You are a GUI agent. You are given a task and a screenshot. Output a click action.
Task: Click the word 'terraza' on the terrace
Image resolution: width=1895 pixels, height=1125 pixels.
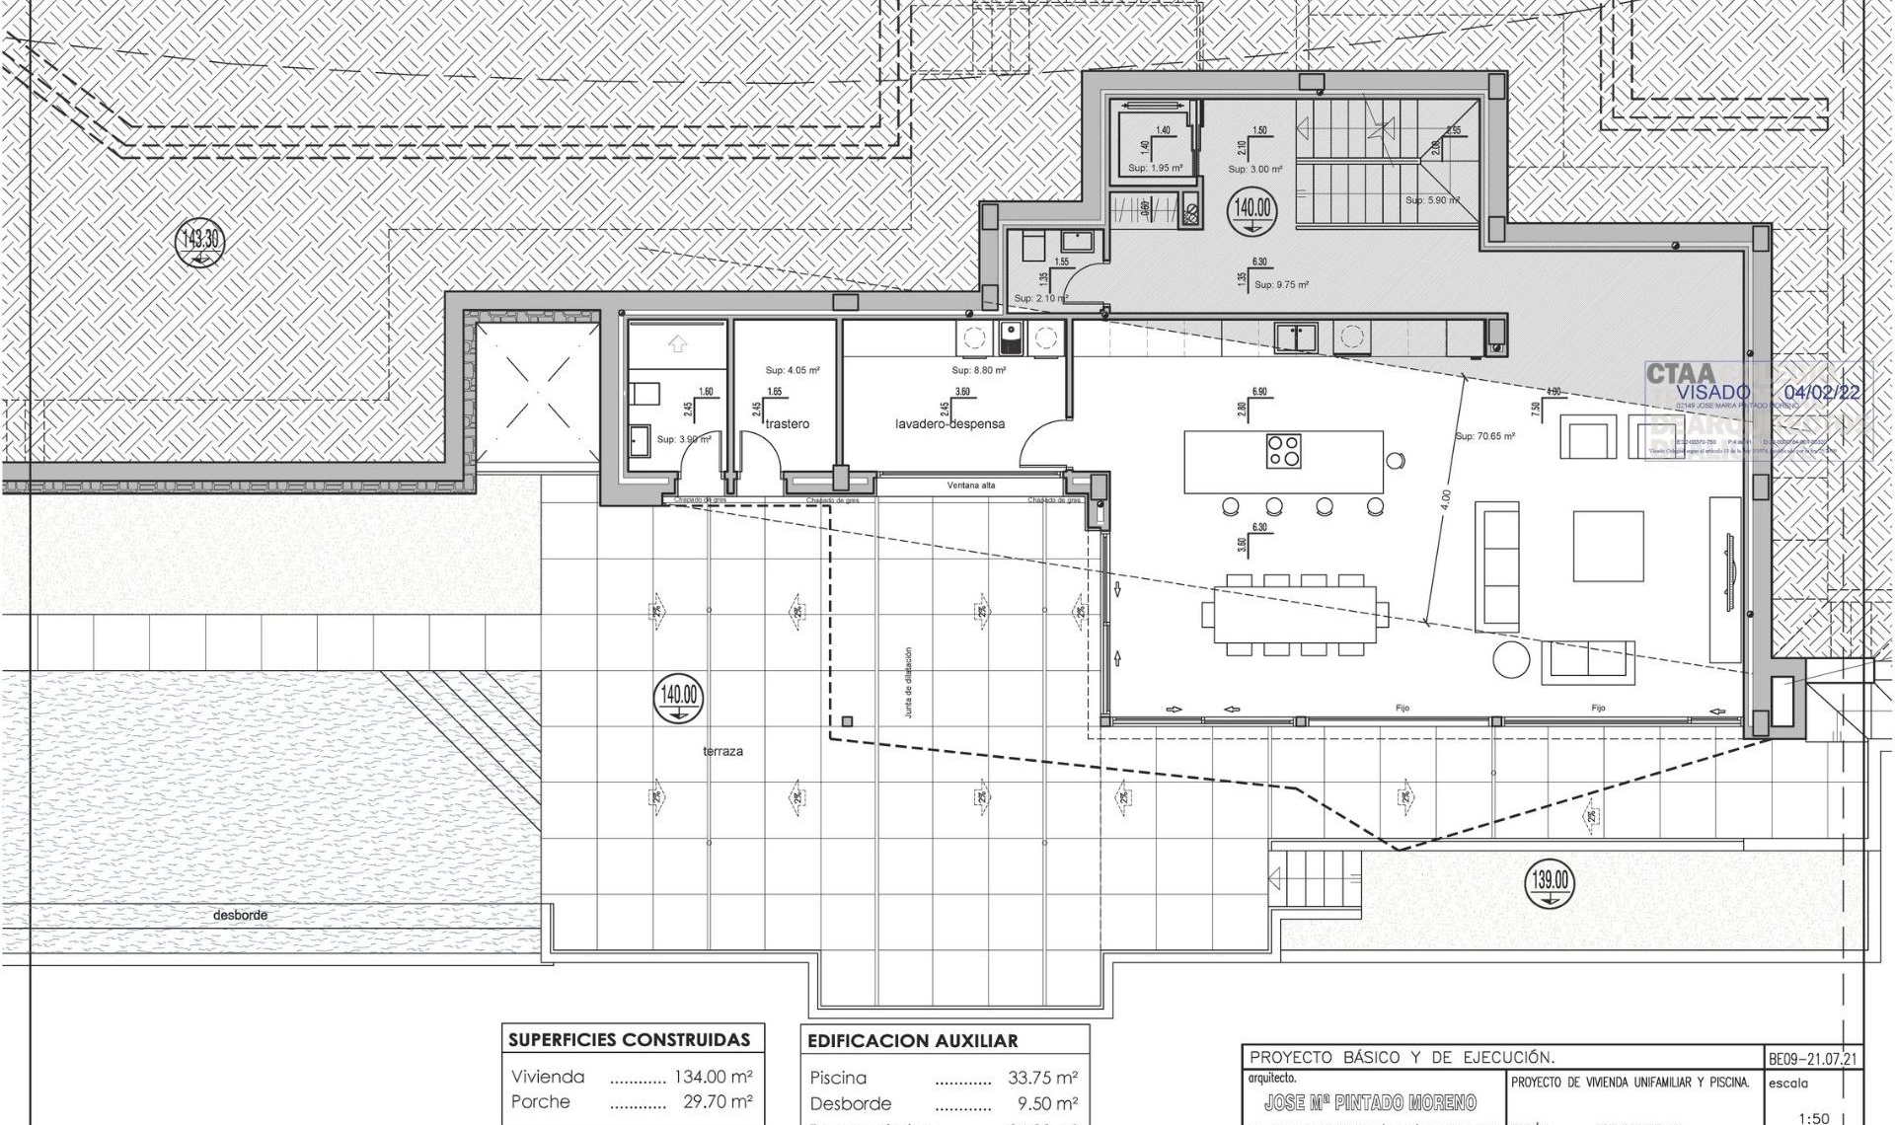point(722,751)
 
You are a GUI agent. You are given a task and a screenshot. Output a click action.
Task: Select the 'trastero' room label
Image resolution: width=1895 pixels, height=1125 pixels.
point(787,423)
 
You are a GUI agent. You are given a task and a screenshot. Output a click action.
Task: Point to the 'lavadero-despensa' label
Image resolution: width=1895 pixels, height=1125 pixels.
point(949,423)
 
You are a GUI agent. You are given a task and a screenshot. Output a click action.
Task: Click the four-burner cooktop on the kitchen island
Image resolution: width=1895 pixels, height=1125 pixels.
point(1283,451)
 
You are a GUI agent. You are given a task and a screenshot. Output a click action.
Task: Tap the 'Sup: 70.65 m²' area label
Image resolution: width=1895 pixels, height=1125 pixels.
point(1484,435)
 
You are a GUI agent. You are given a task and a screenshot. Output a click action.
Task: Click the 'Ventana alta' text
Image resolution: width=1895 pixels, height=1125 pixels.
point(971,486)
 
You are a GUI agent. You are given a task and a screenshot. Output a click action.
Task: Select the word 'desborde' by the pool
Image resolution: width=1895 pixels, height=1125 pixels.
point(240,915)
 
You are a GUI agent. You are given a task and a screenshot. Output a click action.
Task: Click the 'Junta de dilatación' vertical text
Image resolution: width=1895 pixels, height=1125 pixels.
point(908,682)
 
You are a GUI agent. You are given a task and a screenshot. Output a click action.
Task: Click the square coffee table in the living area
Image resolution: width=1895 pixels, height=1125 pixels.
point(1608,546)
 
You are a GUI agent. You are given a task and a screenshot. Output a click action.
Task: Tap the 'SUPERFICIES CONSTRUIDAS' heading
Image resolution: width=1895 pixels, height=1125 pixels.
point(629,1040)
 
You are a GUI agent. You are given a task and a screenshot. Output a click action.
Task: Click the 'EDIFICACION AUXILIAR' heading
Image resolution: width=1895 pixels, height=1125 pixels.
point(912,1041)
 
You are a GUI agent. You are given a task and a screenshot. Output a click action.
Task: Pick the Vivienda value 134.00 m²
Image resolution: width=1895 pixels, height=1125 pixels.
point(713,1077)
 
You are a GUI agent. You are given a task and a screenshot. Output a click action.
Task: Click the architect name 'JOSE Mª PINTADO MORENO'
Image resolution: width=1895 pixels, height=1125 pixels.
point(1370,1102)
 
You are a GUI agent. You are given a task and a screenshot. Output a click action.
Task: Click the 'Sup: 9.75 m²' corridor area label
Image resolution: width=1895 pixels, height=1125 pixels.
point(1281,284)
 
